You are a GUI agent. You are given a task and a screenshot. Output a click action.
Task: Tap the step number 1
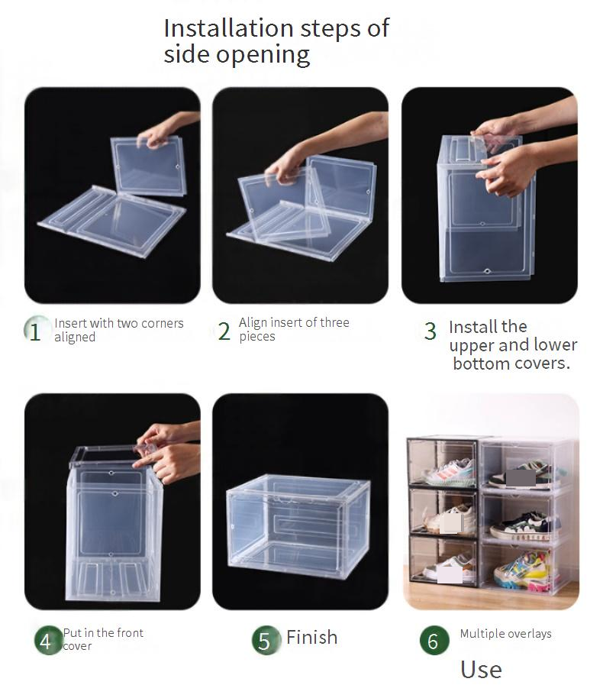click(x=34, y=331)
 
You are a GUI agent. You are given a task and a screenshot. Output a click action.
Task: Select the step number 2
click(x=224, y=331)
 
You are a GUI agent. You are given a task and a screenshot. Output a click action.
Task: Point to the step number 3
click(x=430, y=331)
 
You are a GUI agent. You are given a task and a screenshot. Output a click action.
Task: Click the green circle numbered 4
click(x=48, y=641)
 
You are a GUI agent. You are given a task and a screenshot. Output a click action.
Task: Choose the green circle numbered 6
click(x=434, y=641)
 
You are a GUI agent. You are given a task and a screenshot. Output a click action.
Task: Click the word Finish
click(x=311, y=637)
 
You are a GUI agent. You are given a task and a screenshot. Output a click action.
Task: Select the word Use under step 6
click(x=481, y=670)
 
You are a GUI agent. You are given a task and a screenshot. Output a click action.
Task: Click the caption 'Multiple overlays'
click(x=505, y=633)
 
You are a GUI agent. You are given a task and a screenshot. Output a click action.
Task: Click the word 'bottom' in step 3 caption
click(x=481, y=364)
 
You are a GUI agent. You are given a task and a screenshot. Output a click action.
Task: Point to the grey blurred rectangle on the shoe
click(x=521, y=477)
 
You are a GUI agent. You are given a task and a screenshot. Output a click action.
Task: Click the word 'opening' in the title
click(x=263, y=56)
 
